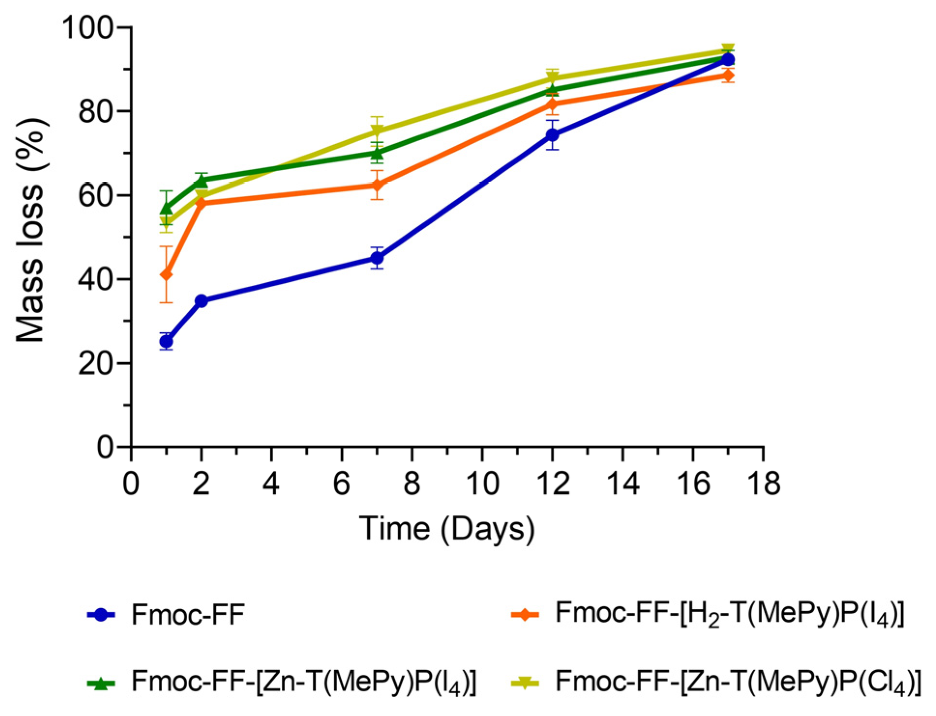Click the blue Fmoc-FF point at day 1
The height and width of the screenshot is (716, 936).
point(166,341)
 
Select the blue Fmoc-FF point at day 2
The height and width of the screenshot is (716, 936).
point(201,301)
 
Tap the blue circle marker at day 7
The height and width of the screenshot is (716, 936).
point(377,258)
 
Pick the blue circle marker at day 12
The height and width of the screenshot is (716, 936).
point(552,135)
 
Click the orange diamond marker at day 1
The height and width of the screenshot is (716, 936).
point(166,275)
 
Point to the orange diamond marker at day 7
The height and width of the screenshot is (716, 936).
point(377,185)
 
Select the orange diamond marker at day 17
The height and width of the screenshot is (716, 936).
point(728,75)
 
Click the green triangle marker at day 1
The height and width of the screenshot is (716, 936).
point(166,208)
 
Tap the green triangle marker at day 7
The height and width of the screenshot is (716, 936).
point(377,153)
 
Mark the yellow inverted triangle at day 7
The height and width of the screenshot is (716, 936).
point(377,131)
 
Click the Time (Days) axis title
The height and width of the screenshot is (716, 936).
point(447,528)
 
